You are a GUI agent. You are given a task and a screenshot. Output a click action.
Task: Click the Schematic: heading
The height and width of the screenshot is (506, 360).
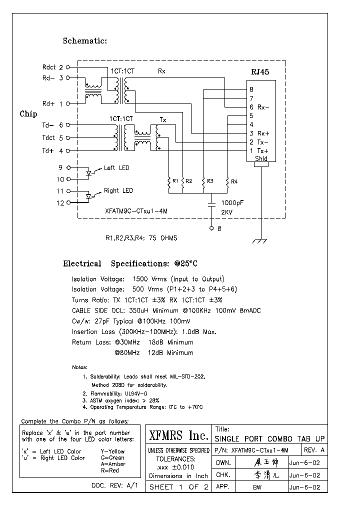pyautogui.click(x=84, y=41)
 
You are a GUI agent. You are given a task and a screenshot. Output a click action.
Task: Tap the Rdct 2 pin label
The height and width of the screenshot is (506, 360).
pyautogui.click(x=53, y=66)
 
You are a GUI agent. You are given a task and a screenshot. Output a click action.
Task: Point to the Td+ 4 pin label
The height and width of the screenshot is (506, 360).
pyautogui.click(x=53, y=150)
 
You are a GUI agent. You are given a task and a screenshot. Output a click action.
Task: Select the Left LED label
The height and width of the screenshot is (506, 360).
pyautogui.click(x=116, y=168)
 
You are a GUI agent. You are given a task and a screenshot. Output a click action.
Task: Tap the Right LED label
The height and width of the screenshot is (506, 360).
pyautogui.click(x=118, y=190)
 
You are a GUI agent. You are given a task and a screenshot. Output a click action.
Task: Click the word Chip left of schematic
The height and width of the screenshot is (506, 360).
pyautogui.click(x=28, y=114)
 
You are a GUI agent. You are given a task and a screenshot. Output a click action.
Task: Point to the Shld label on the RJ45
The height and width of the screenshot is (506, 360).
pyautogui.click(x=260, y=158)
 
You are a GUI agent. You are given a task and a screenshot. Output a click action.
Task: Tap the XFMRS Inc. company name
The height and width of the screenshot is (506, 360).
pyautogui.click(x=178, y=435)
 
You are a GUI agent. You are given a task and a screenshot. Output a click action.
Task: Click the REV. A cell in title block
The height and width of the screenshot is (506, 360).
pyautogui.click(x=314, y=450)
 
